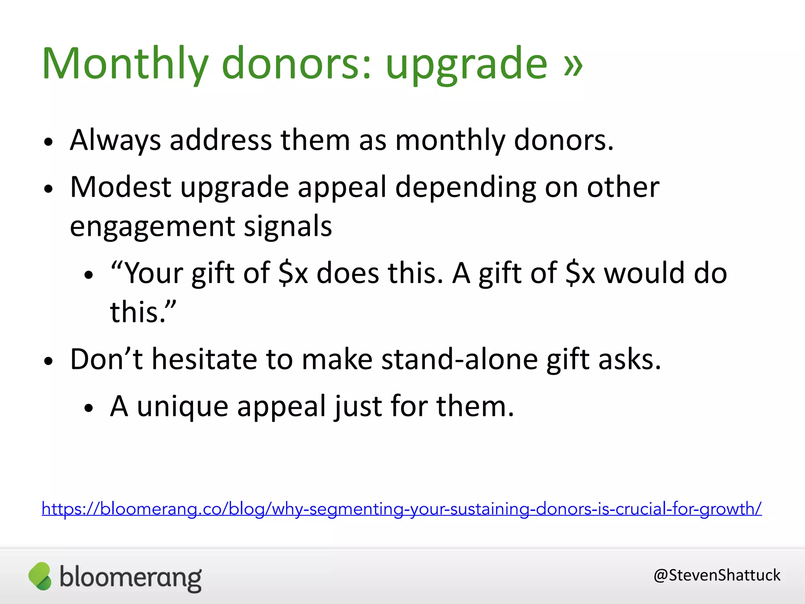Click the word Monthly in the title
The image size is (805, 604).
(x=125, y=64)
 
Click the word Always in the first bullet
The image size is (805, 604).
(x=115, y=140)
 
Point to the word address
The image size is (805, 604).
(x=221, y=140)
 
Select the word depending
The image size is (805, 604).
(x=465, y=188)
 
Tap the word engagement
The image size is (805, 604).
(x=152, y=227)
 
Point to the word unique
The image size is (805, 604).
(x=182, y=407)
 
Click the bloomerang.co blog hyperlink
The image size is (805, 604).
(x=401, y=509)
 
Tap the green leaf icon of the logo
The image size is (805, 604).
(x=40, y=576)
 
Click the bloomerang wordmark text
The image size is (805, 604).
(x=130, y=578)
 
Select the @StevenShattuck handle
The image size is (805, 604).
(x=717, y=575)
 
